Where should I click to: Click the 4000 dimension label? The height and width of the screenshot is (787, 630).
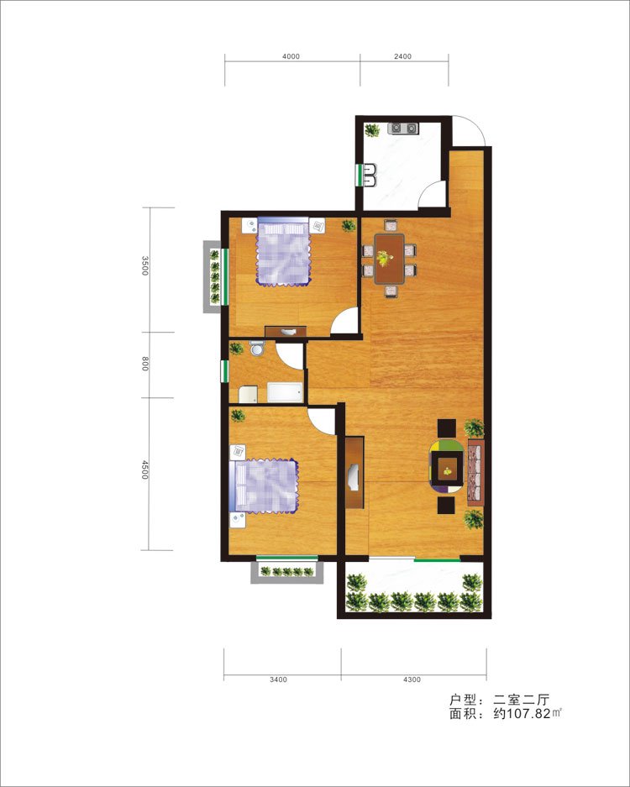point(291,56)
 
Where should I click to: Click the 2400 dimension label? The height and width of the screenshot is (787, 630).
point(402,56)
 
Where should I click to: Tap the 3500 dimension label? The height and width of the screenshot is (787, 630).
point(145,265)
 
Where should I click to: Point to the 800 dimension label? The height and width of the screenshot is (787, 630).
point(145,364)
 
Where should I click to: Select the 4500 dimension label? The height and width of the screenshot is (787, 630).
point(145,470)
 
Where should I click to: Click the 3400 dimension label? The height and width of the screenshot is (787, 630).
point(278,679)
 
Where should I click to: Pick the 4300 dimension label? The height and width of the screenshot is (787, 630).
point(412,679)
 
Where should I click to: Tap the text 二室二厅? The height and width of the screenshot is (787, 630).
point(522,699)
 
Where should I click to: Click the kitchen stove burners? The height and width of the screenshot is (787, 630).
point(403,129)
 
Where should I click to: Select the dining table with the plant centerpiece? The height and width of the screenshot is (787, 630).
point(390,259)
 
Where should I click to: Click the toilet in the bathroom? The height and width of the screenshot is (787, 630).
point(257,348)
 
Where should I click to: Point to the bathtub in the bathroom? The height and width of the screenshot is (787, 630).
point(285,392)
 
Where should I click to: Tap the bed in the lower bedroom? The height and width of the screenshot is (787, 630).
point(264,485)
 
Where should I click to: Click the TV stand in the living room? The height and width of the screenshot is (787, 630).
point(354,472)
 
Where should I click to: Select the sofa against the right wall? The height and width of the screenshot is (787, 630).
point(475,472)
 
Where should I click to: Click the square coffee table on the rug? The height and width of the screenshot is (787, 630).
point(447,471)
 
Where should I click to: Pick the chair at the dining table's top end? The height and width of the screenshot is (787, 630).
point(390,225)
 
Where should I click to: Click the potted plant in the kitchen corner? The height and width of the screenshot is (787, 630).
point(372,130)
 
